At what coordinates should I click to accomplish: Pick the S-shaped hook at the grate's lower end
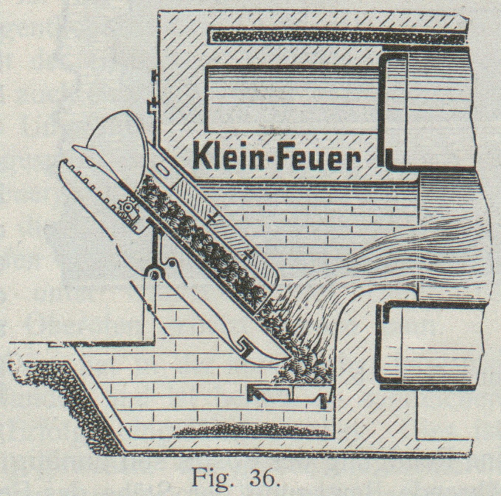pos(245,346)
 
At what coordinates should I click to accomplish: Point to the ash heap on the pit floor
pos(251,430)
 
